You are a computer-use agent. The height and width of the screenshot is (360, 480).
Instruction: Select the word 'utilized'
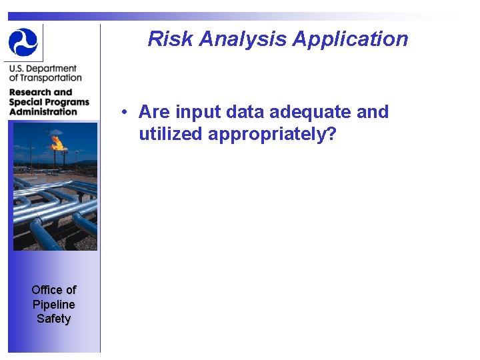click(x=171, y=134)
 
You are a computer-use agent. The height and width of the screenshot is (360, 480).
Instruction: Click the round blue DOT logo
click(x=23, y=42)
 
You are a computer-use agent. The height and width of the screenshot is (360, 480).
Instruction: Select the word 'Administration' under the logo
click(x=43, y=111)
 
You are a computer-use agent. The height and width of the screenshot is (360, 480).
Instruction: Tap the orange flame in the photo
click(x=57, y=142)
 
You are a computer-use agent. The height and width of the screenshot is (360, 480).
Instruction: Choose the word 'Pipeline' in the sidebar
click(x=54, y=304)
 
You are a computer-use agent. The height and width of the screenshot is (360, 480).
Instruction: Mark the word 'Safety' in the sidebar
click(x=54, y=319)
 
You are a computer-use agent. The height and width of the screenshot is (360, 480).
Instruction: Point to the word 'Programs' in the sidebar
click(x=66, y=102)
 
